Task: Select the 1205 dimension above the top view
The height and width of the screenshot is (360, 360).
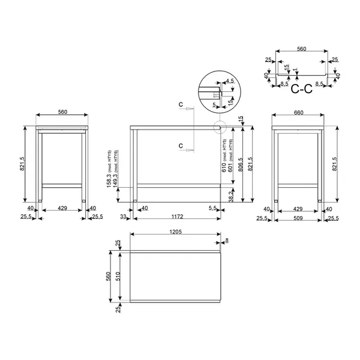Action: (176, 231)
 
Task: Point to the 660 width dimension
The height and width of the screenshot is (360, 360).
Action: (298, 112)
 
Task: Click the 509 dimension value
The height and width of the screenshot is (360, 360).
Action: (298, 219)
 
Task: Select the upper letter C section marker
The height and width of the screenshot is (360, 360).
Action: (181, 104)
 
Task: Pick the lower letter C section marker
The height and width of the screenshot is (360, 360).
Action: (181, 145)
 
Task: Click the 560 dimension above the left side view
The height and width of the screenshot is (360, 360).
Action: (62, 112)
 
